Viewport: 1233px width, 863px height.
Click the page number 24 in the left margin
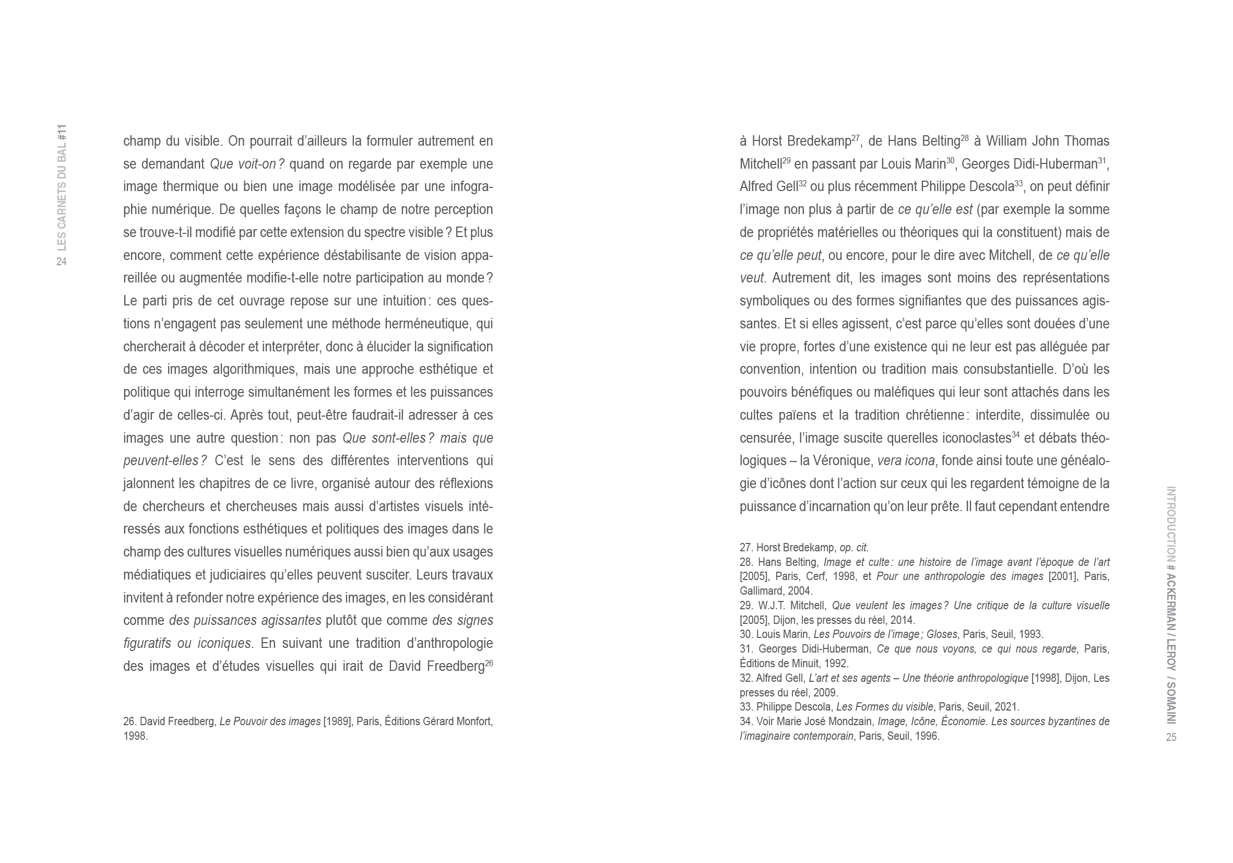61,262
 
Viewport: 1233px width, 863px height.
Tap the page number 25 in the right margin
1171,737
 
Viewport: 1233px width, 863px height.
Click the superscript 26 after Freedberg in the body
489,663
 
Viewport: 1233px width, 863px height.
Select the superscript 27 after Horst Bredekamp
856,138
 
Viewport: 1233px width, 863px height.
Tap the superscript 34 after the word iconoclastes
1015,435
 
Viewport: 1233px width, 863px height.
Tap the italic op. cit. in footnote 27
854,548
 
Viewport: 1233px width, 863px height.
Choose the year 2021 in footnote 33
1007,707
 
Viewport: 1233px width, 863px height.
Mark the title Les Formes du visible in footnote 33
885,707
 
